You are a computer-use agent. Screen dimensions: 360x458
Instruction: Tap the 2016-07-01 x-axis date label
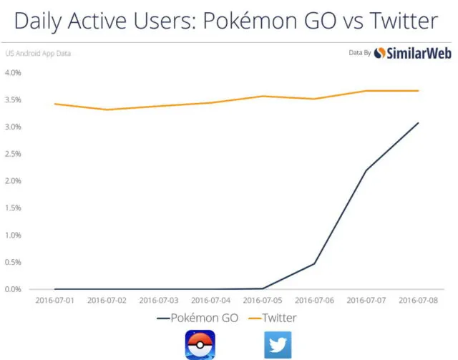pyautogui.click(x=55, y=301)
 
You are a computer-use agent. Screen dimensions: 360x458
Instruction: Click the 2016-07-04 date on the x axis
pyautogui.click(x=211, y=301)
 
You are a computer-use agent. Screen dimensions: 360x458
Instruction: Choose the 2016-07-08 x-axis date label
pyautogui.click(x=419, y=301)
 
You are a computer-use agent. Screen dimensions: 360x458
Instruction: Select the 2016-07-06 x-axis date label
pyautogui.click(x=315, y=301)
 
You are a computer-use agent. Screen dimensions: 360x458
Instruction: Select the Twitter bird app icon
pyautogui.click(x=278, y=344)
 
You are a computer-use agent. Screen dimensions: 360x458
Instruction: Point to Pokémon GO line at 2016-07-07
pyautogui.click(x=366, y=170)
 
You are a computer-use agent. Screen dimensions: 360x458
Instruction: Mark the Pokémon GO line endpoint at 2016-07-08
pyautogui.click(x=419, y=122)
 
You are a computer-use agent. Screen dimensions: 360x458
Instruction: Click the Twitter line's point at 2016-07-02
pyautogui.click(x=107, y=110)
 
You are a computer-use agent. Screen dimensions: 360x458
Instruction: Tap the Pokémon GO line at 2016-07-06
pyautogui.click(x=315, y=263)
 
